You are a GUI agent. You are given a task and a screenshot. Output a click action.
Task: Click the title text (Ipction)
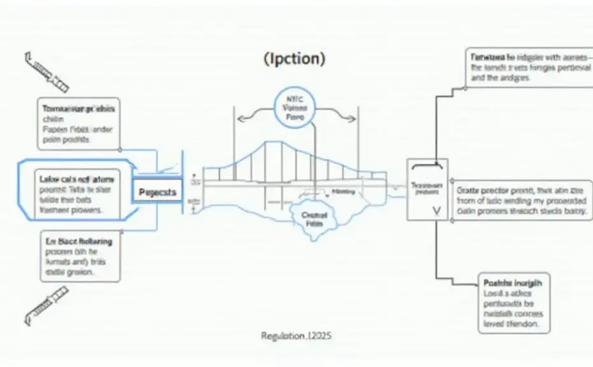tap(294, 59)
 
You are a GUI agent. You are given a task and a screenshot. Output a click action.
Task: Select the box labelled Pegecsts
tap(157, 191)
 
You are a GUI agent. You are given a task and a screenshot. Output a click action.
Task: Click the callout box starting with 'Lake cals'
tap(75, 191)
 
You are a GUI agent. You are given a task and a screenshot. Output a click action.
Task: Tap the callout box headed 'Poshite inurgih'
tap(514, 303)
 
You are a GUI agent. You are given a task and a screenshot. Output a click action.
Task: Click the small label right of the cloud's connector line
tap(344, 190)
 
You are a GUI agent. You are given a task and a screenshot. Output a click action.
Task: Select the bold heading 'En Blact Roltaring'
tap(79, 241)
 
